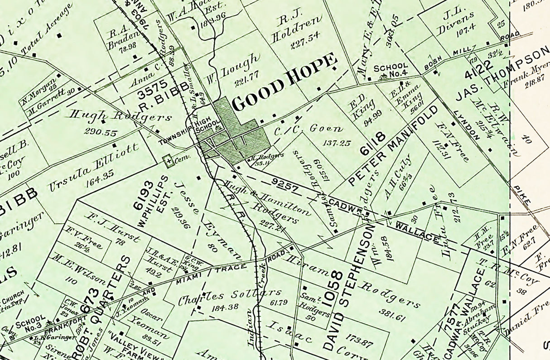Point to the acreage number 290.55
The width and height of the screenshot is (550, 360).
(101, 133)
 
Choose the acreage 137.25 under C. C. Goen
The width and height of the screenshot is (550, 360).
(337, 143)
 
